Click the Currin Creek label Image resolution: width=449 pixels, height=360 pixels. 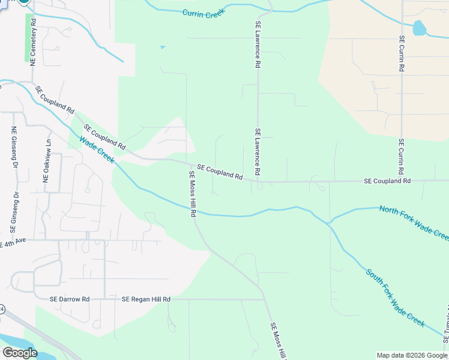click(203, 13)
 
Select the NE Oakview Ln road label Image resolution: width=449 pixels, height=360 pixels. click(47, 160)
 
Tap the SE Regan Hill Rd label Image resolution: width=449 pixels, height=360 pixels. click(146, 299)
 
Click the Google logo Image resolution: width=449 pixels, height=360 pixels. click(20, 353)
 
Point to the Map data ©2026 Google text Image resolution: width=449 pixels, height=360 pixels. click(411, 355)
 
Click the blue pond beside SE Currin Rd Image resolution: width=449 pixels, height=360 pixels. click(419, 28)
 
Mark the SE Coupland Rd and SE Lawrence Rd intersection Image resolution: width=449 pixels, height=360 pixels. click(258, 181)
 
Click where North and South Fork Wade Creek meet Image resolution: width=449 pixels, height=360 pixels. click(328, 223)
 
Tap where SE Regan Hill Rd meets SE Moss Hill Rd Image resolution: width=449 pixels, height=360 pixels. click(265, 299)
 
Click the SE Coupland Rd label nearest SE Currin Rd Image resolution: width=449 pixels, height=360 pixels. click(388, 181)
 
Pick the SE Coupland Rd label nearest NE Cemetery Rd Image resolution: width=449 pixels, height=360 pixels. click(55, 100)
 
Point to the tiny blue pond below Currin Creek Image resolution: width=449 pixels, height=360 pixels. click(161, 47)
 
